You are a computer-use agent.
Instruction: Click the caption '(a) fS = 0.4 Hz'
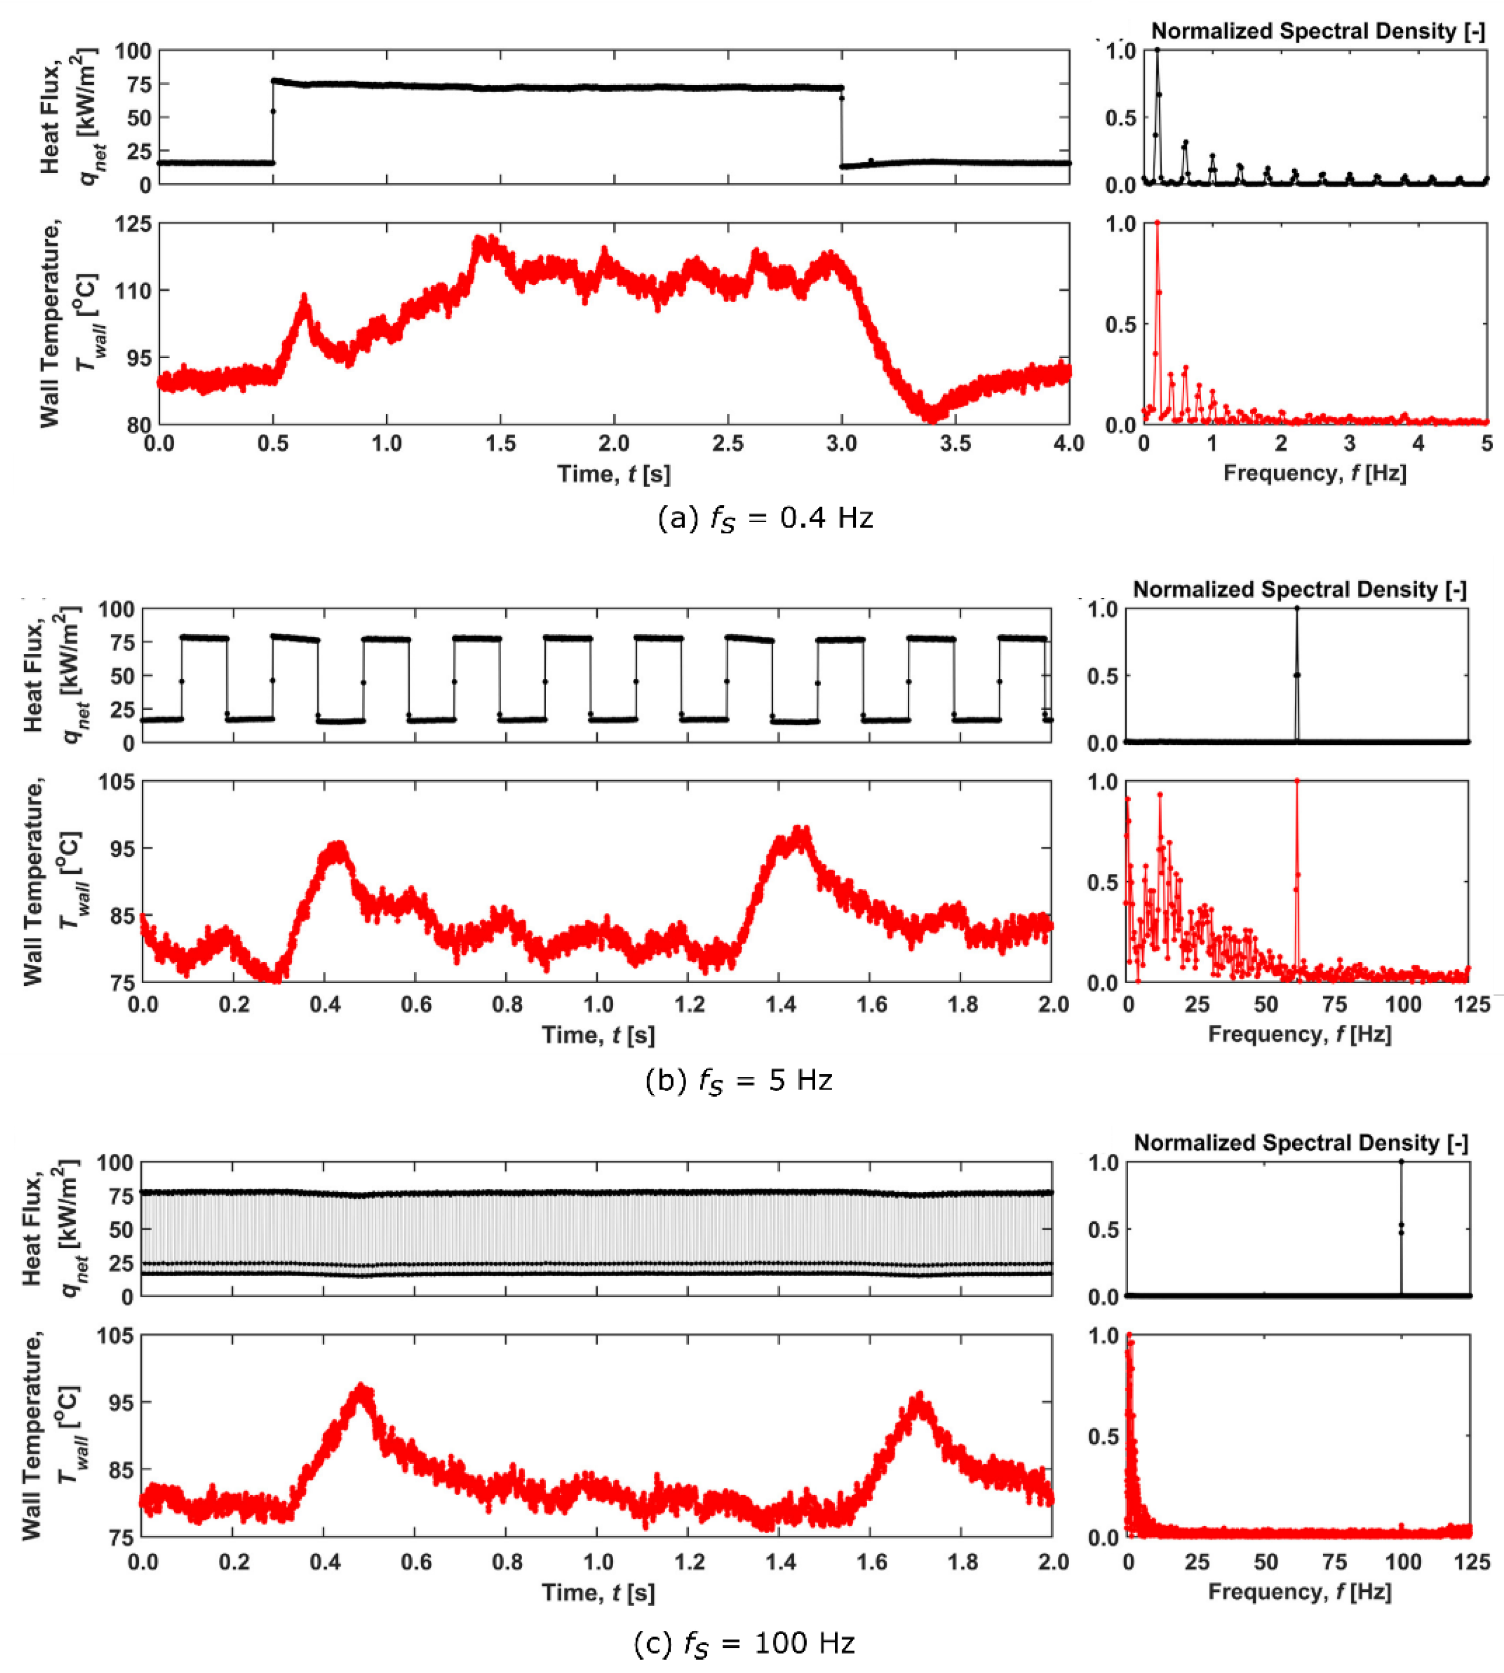tap(764, 518)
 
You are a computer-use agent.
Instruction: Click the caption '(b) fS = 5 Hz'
tap(738, 1080)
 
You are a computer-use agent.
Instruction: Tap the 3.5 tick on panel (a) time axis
tap(955, 444)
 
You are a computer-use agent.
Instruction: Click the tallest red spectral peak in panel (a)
tap(1157, 223)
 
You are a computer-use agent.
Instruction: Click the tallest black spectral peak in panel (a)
tap(1157, 51)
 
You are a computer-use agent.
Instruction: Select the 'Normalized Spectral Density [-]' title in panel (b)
tap(1299, 590)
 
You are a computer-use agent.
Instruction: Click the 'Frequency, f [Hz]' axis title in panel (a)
tap(1314, 473)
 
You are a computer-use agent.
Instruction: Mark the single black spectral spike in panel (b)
tap(1296, 610)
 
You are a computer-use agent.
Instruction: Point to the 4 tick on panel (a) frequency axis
tap(1418, 444)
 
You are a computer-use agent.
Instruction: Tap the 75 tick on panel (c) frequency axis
tap(1334, 1563)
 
